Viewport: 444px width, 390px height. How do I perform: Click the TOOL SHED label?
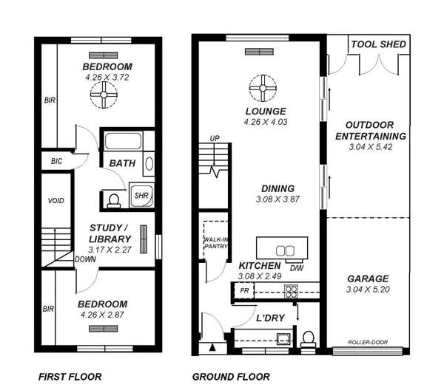click(x=378, y=44)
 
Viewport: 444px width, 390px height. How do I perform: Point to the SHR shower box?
click(x=141, y=196)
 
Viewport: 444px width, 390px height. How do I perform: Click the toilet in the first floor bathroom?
click(x=113, y=197)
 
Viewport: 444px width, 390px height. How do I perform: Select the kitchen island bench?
click(x=281, y=247)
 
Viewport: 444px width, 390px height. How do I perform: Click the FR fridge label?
click(x=244, y=291)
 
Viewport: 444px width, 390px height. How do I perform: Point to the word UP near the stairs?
click(x=215, y=138)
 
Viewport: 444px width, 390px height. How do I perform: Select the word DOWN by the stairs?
click(x=85, y=259)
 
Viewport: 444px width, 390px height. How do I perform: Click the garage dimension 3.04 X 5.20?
click(x=368, y=290)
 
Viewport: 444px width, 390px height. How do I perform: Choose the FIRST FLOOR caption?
click(x=70, y=377)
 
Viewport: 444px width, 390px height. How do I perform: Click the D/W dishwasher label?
click(x=296, y=267)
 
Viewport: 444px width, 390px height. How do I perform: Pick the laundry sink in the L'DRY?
click(x=281, y=339)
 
